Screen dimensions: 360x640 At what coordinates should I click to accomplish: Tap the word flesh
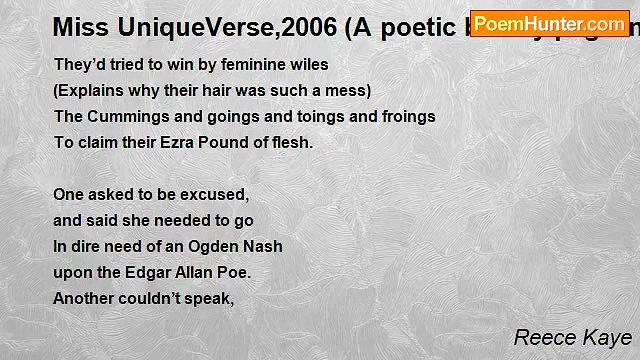(x=291, y=142)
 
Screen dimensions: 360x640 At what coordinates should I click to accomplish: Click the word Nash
(x=261, y=246)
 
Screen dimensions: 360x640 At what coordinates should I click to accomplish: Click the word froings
(x=403, y=116)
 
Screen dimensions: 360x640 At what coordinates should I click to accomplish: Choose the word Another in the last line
(x=85, y=298)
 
